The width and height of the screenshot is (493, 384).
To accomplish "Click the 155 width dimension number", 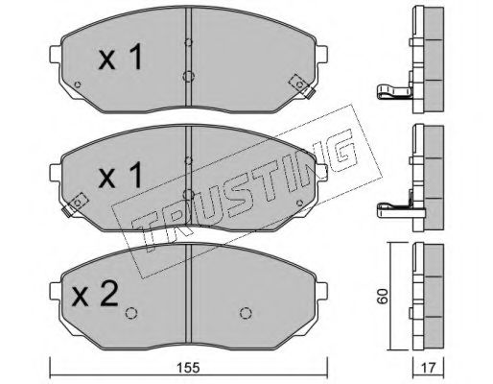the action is click(x=189, y=368).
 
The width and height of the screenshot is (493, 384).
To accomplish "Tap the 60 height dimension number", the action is click(x=383, y=297).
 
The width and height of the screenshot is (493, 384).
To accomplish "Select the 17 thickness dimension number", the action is click(x=429, y=368).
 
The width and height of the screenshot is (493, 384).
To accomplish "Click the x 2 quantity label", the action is click(x=96, y=295).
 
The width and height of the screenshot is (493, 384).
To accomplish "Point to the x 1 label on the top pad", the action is click(x=120, y=58).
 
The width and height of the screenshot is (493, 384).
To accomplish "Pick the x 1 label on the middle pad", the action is click(x=120, y=175).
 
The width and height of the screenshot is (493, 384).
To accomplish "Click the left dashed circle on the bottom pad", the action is click(x=131, y=313).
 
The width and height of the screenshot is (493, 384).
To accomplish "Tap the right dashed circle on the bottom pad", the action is click(x=246, y=313).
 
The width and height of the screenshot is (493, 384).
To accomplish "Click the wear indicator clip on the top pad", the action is click(x=302, y=85).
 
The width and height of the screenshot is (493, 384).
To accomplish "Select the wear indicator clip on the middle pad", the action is click(x=75, y=204).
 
